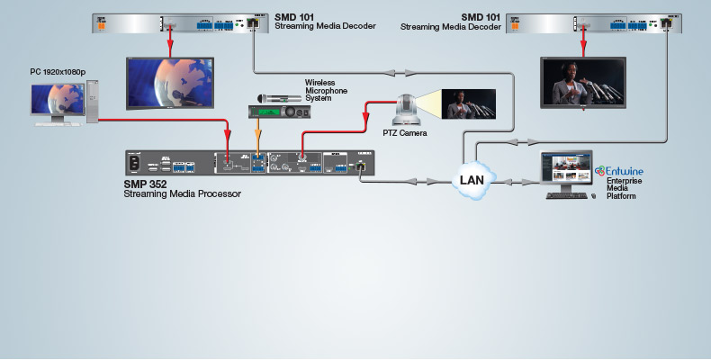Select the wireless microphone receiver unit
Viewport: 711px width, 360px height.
coord(280,111)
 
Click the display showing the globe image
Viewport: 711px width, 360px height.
coord(169,84)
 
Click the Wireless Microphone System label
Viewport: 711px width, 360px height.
coord(326,90)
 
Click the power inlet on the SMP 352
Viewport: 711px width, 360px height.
coord(138,164)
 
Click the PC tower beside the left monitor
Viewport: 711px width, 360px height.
coord(92,100)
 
